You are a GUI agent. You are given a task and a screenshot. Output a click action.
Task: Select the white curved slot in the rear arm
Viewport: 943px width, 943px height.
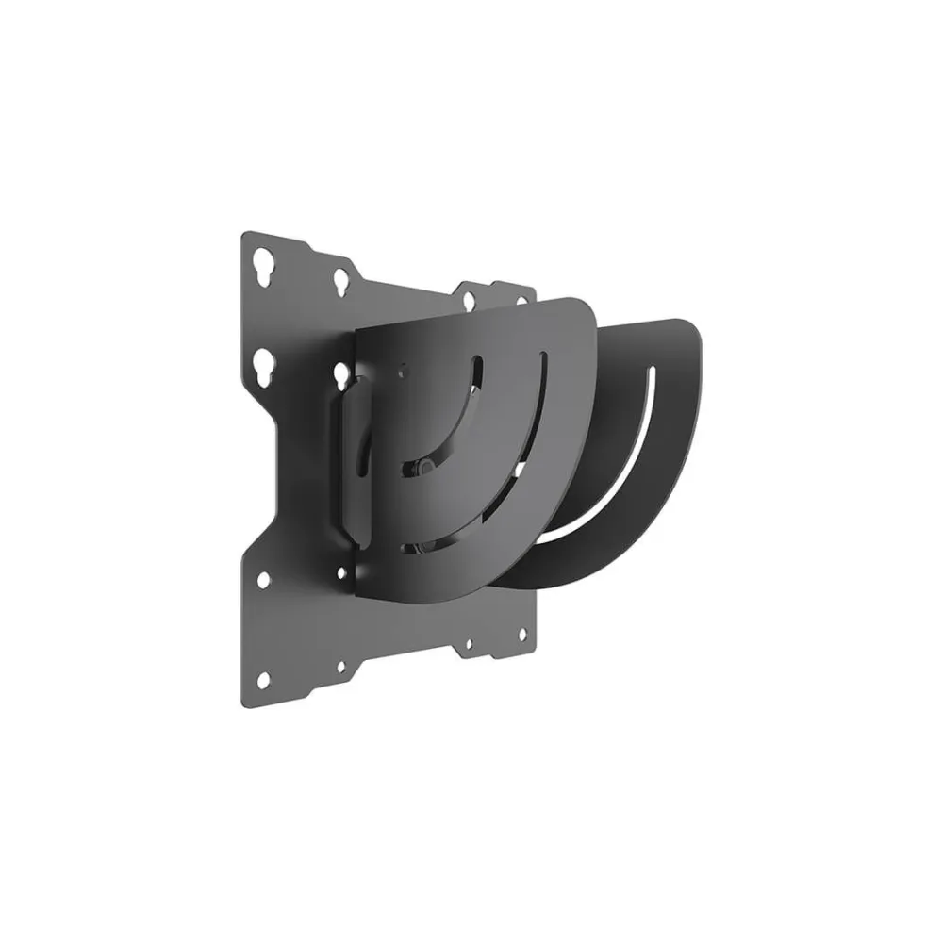[604, 490]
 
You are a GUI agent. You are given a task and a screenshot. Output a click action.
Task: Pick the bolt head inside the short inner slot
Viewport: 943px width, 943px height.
[427, 466]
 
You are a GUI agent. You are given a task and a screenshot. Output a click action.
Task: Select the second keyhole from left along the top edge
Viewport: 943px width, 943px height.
[338, 280]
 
